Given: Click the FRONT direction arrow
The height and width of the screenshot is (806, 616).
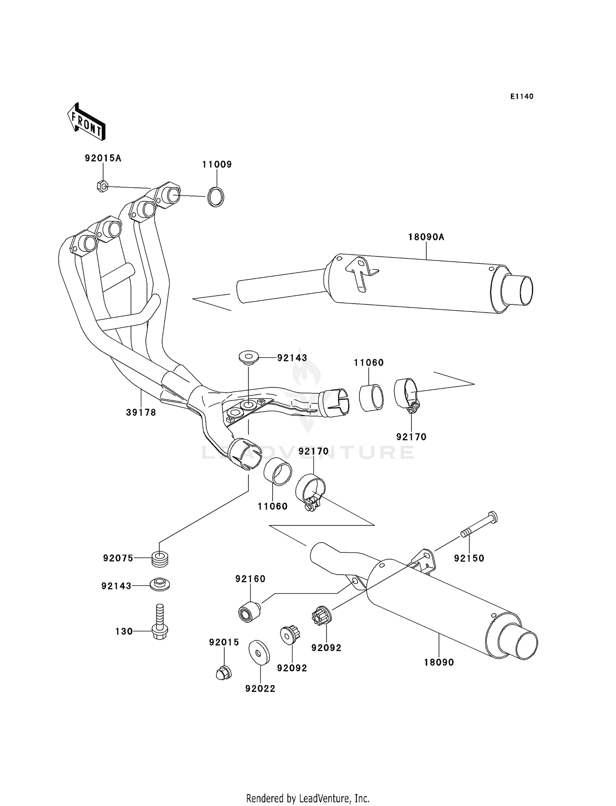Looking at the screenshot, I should tap(87, 122).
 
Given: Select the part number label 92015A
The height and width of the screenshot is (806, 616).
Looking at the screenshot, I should tap(103, 158).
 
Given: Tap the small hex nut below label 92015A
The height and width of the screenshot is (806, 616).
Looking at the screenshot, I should tap(102, 187).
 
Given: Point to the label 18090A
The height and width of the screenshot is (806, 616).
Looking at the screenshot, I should tap(426, 237).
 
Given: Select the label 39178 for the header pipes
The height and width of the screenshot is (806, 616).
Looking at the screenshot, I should tap(141, 412).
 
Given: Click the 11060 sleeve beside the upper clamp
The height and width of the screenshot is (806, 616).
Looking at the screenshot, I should tap(371, 397).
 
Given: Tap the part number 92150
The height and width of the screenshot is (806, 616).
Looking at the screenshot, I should tap(469, 558).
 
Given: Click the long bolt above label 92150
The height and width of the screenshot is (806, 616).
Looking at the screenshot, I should tap(479, 526).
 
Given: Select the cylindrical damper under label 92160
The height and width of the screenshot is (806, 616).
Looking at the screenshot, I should tap(249, 612).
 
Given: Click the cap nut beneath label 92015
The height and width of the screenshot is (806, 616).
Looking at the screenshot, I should tap(224, 672).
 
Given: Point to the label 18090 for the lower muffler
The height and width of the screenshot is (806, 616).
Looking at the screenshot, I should tap(439, 662).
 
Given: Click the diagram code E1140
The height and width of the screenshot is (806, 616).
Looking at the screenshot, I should tap(522, 97).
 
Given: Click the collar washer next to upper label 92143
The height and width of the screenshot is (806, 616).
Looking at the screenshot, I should tap(248, 357).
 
